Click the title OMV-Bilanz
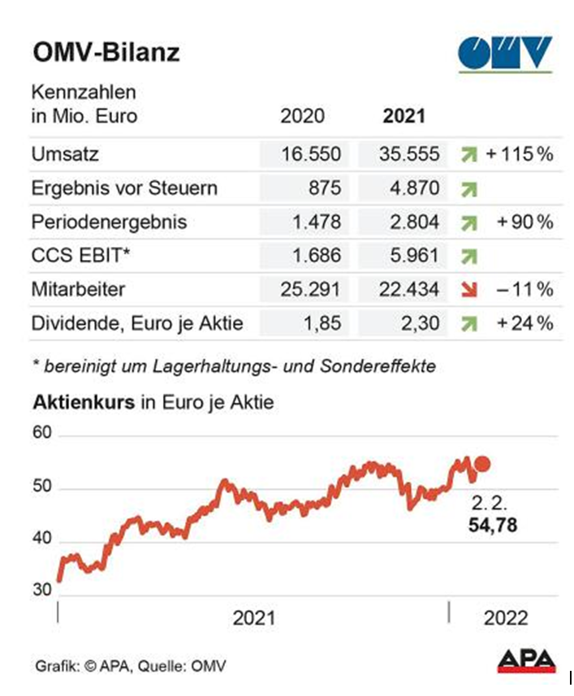coord(106,53)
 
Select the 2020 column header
coord(301,115)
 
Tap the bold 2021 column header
coord(404,115)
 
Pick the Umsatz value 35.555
coord(409,154)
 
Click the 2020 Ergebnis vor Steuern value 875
coord(324,188)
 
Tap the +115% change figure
coord(520,154)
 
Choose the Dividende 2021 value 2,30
coord(419,323)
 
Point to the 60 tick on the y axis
coord(41,435)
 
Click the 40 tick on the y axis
coord(41,539)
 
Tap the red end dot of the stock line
coord(481,464)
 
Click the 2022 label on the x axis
coord(506,618)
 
